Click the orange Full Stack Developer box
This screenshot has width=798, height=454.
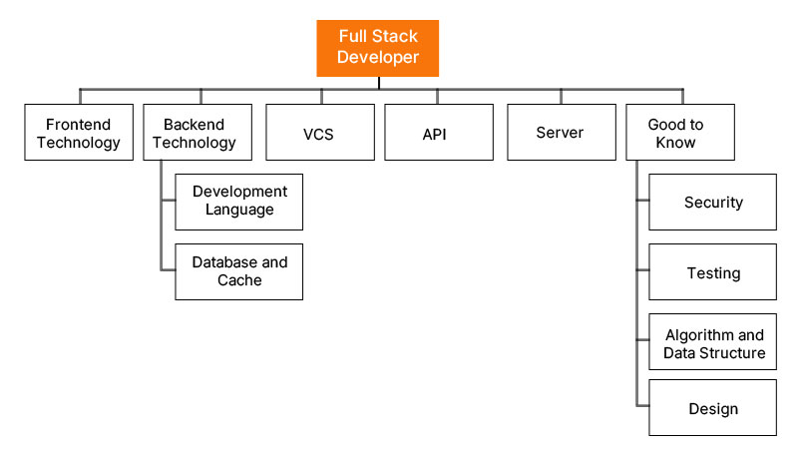coord(377,48)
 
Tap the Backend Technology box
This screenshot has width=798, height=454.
coord(199,133)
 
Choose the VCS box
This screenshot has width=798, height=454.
coord(319,133)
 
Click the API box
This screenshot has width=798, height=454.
coord(439,133)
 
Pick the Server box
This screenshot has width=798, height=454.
coord(560,133)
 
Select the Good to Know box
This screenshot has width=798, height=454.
coord(679,133)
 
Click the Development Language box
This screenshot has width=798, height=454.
coord(239,202)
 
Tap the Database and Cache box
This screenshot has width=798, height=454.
coord(239,271)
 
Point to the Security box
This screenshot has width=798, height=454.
coord(712,203)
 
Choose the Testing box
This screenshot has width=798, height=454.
coord(712,272)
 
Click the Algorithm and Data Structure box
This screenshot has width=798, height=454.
coord(712,344)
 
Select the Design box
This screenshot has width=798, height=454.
coord(712,408)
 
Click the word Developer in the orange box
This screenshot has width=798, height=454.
coord(377,58)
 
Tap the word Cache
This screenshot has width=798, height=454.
coord(239,281)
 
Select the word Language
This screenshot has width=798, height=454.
coord(239,211)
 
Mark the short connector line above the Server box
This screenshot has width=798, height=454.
coord(561,97)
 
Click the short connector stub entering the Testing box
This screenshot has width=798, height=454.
coord(642,272)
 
